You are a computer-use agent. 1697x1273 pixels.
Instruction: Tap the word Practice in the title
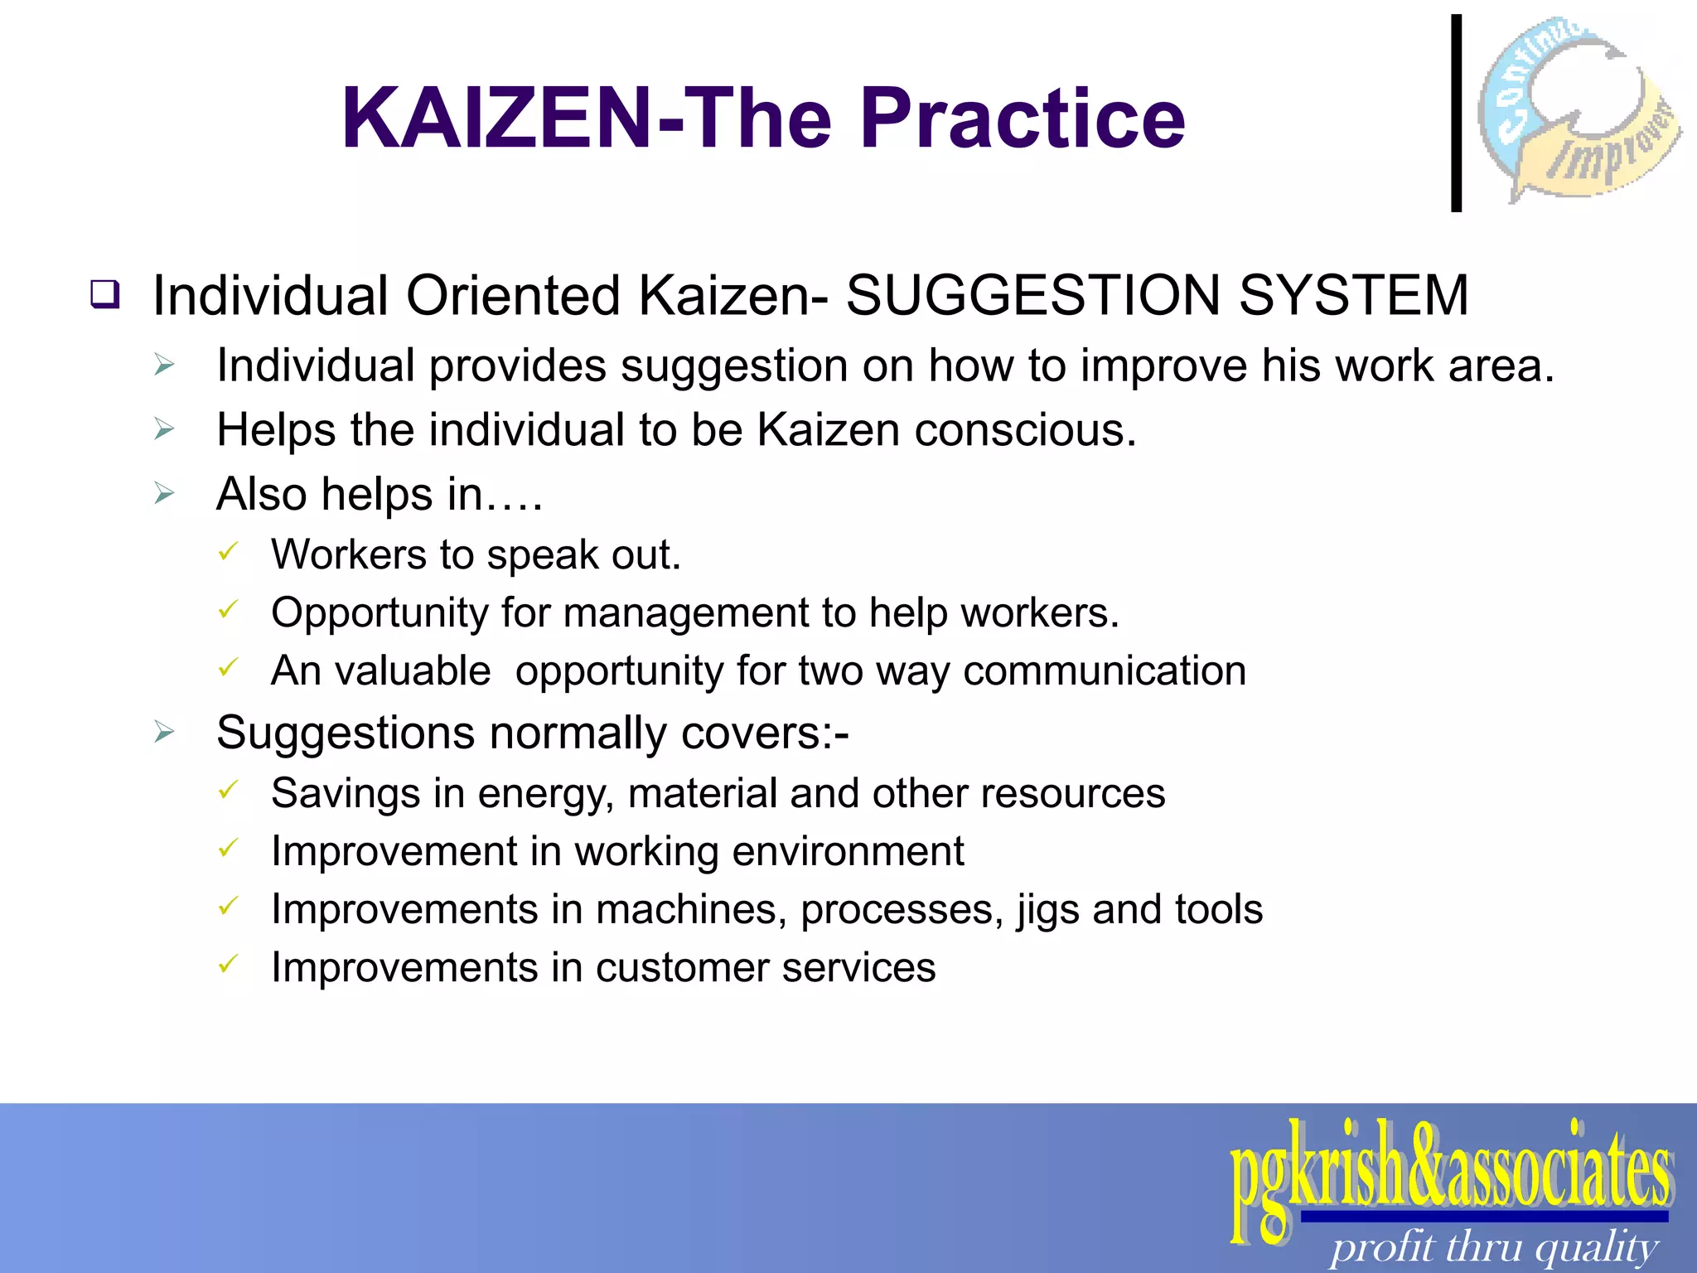coord(1023,119)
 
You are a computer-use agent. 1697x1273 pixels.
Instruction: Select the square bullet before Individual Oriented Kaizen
coord(105,295)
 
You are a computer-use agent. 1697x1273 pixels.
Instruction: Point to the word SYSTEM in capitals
coord(1354,296)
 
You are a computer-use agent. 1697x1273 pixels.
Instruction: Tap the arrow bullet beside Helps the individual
coord(164,429)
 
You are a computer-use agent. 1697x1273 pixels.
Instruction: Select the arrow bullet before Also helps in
coord(164,494)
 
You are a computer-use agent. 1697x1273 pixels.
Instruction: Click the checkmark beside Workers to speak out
coord(228,552)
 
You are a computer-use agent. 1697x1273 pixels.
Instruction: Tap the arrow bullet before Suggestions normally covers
coord(164,733)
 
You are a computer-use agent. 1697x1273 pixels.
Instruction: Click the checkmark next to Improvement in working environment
coord(228,849)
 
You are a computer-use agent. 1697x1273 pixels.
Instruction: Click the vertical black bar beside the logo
coord(1456,113)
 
